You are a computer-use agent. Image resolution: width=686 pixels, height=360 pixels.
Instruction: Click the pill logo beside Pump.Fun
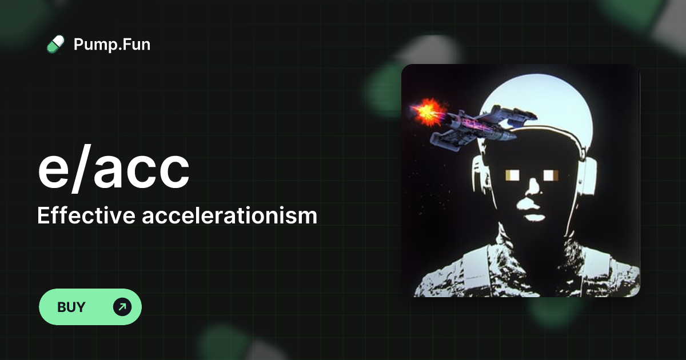coord(55,44)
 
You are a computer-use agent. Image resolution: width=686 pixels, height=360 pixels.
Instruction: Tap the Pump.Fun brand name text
coord(112,44)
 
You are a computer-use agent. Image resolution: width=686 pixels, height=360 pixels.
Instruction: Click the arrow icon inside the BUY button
coord(122,307)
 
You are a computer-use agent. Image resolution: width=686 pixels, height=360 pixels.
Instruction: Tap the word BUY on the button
coord(71,307)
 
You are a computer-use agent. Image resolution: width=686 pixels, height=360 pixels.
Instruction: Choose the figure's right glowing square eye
coord(551,174)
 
